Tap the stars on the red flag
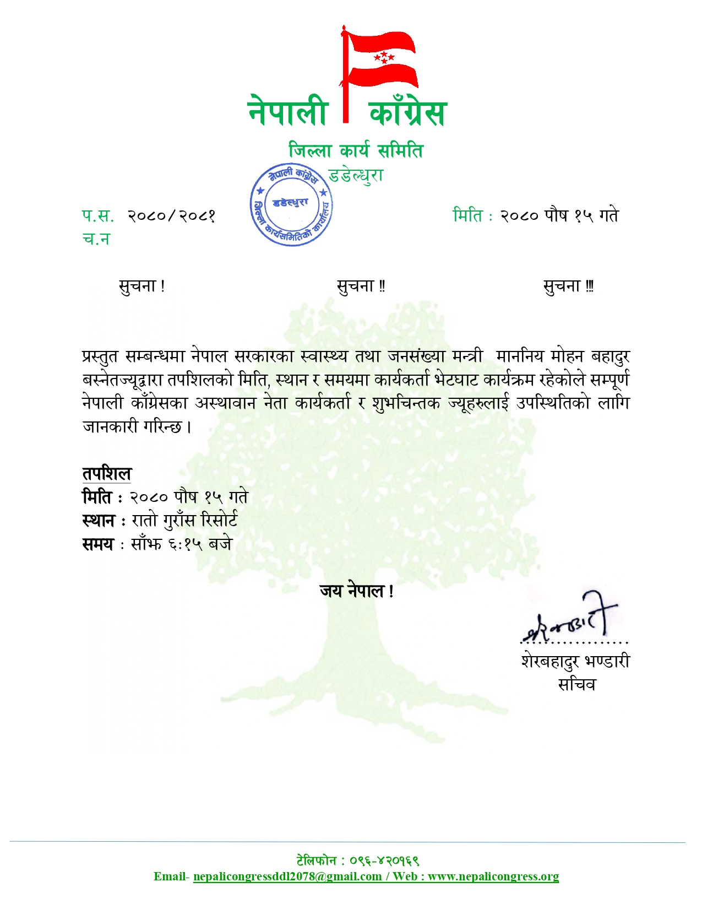point(384,57)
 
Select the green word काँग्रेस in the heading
point(407,112)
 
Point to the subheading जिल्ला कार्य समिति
point(356,150)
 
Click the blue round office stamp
point(291,205)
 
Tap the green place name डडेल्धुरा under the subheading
point(356,176)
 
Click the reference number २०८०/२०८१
point(171,215)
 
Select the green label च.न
point(96,239)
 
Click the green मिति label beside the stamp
point(467,215)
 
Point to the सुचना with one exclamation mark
point(142,286)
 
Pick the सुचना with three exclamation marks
point(568,286)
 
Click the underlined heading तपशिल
point(107,473)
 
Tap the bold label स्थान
point(99,521)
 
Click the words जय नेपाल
point(356,591)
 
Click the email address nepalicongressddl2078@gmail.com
point(287,876)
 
